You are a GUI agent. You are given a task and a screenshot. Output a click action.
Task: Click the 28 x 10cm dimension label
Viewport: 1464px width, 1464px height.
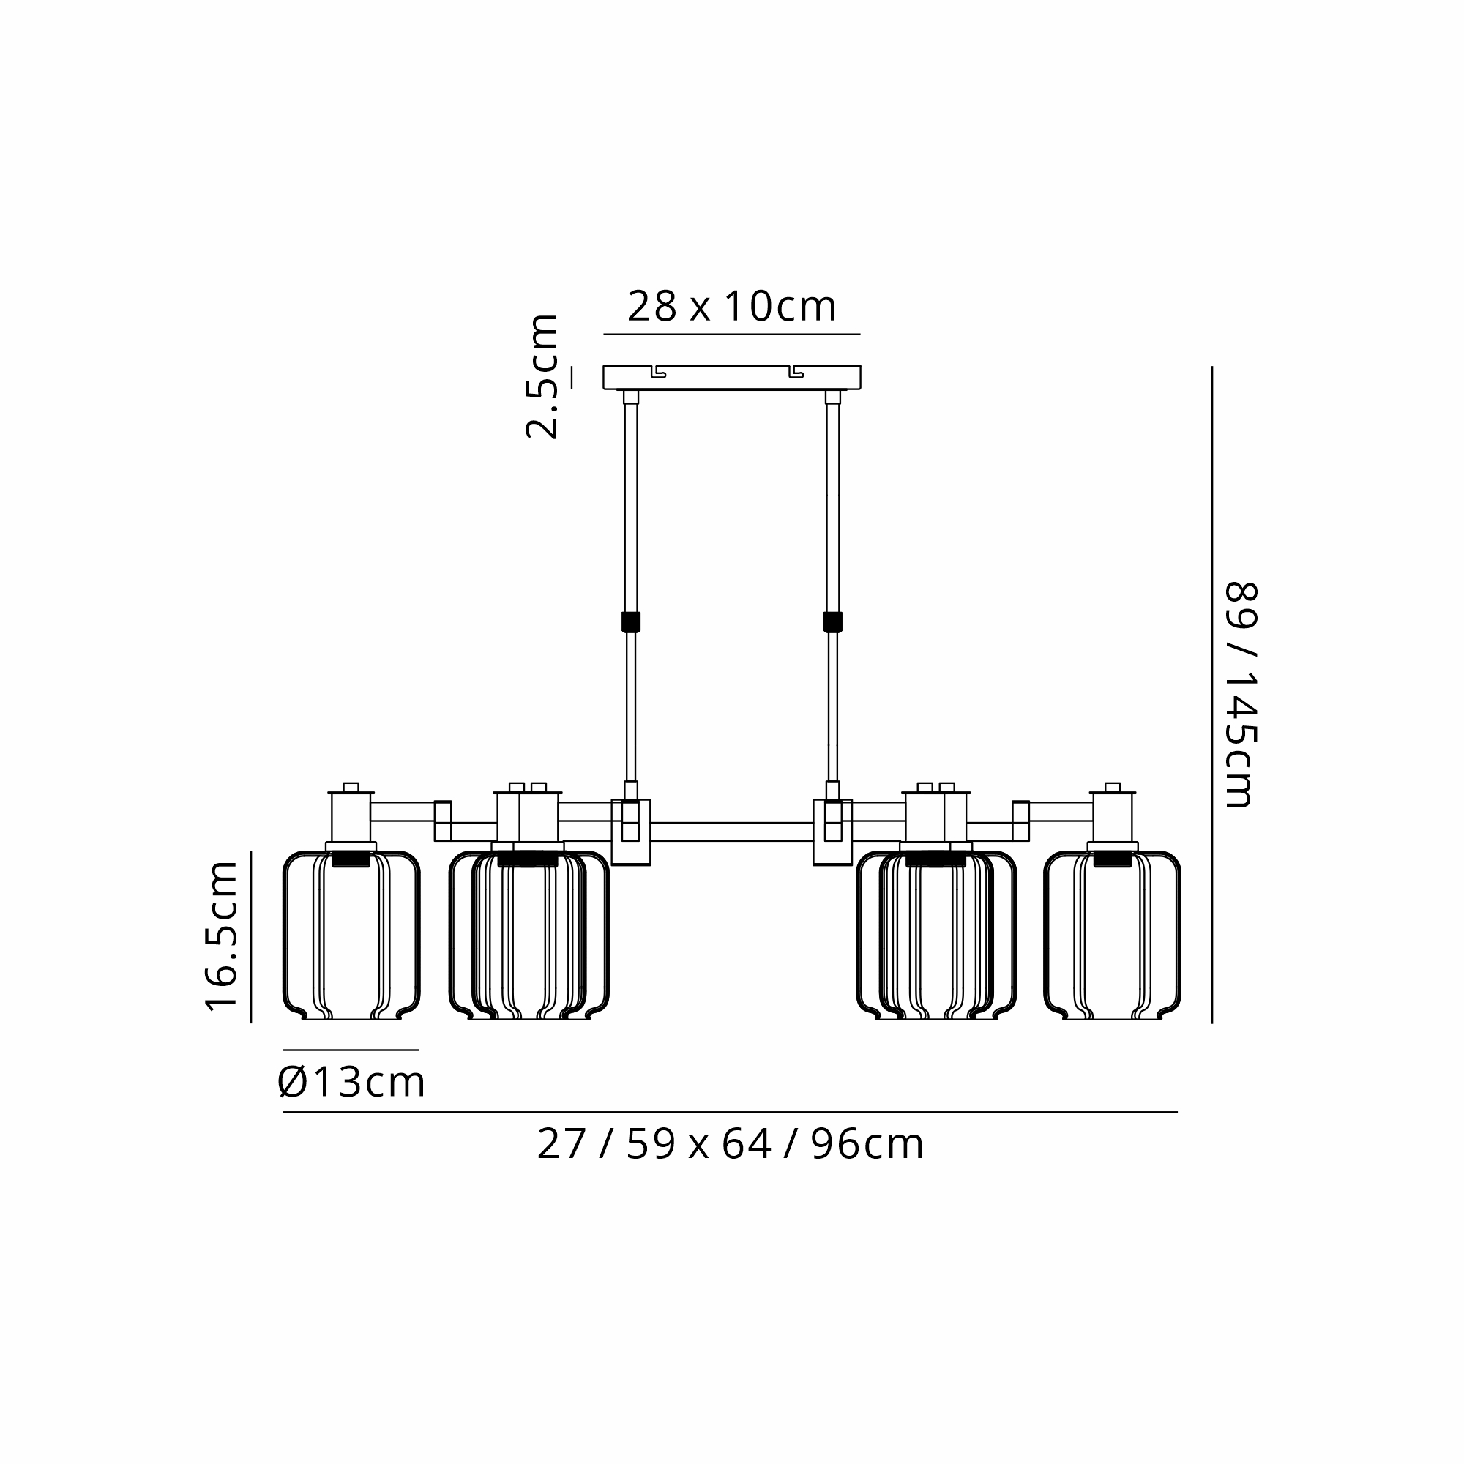tap(731, 307)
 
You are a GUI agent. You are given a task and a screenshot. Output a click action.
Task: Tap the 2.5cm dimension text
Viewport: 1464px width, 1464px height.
tap(542, 376)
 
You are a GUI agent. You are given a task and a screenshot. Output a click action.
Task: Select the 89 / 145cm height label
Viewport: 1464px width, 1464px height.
tap(1241, 695)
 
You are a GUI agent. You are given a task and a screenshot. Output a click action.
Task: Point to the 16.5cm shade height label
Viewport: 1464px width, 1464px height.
tap(222, 935)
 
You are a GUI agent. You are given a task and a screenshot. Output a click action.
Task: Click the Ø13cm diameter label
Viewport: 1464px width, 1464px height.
tap(351, 1082)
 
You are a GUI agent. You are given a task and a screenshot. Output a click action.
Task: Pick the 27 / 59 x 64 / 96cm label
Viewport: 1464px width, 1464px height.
tap(731, 1145)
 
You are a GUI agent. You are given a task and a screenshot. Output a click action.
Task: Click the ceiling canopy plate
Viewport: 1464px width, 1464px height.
tap(732, 378)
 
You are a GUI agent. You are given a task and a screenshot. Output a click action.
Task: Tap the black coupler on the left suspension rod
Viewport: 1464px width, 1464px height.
tap(630, 622)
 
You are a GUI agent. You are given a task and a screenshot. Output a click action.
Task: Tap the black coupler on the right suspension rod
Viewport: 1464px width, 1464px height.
tap(833, 622)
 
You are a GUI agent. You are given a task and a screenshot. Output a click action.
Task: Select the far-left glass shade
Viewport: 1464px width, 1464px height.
tap(351, 935)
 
